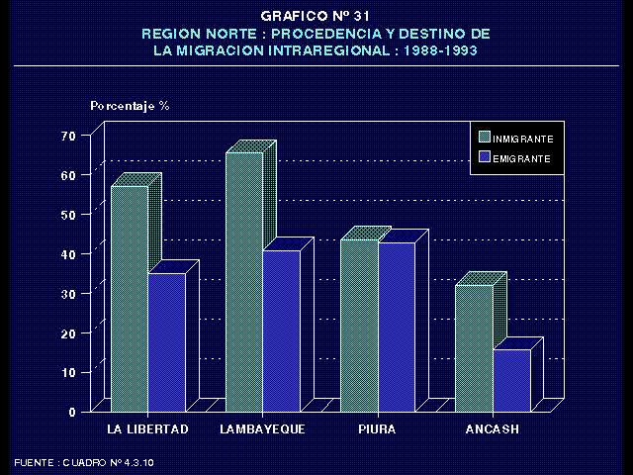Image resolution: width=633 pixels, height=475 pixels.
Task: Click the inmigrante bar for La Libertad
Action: [129, 297]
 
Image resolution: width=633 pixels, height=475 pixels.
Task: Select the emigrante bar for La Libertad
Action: [166, 341]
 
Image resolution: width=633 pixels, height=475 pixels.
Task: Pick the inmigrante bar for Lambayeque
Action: [243, 282]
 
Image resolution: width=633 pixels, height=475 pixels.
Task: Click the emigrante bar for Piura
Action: [397, 326]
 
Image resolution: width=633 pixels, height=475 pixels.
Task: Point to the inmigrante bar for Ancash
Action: [474, 346]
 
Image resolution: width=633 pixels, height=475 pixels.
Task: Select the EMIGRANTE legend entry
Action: [514, 157]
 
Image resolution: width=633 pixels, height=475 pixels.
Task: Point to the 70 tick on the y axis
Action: [68, 135]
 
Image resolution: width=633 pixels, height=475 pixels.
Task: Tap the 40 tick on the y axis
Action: [68, 253]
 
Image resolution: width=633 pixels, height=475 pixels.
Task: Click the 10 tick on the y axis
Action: [68, 372]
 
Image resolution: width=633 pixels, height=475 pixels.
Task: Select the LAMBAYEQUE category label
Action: [262, 428]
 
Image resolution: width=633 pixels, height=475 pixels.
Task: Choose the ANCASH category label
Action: [492, 428]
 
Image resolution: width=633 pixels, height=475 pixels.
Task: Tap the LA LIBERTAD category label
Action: [147, 428]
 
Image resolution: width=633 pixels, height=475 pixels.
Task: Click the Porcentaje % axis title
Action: [130, 105]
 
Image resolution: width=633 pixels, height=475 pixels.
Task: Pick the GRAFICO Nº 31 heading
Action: [316, 17]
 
